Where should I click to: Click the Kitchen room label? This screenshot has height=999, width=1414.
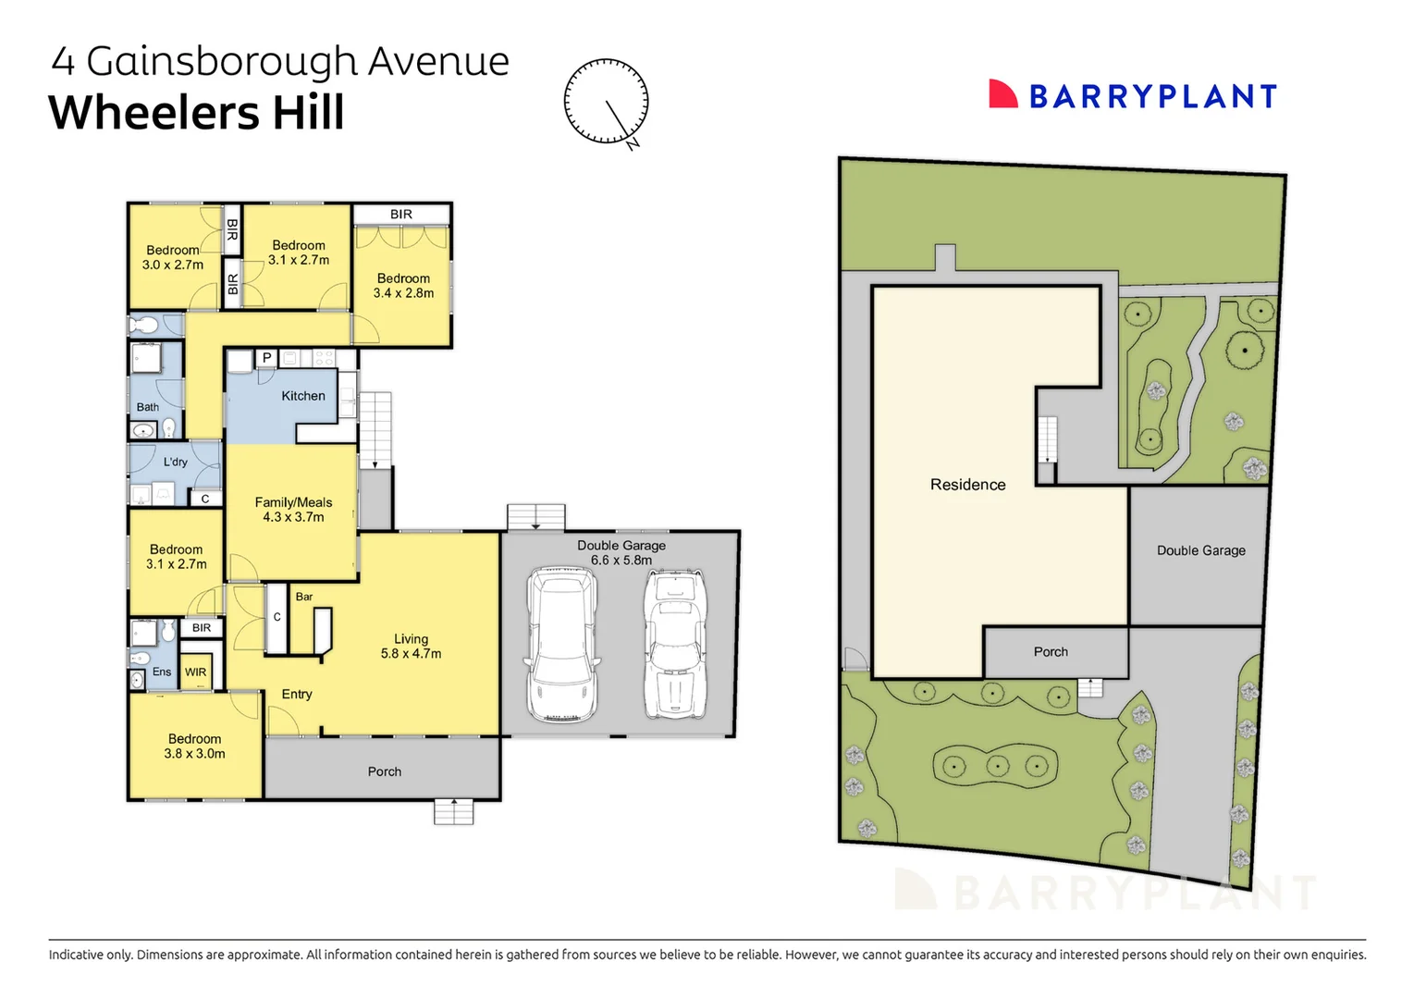coord(303,396)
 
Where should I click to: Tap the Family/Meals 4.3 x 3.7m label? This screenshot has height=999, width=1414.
coord(293,510)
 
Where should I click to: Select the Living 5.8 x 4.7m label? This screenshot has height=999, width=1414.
coord(411,646)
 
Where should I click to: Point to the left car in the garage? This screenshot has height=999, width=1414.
coord(561,645)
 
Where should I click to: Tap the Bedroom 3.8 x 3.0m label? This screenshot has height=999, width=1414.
coord(194,746)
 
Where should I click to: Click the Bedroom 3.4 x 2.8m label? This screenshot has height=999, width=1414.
coord(403,286)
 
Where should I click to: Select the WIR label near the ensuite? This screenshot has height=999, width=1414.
coord(195,672)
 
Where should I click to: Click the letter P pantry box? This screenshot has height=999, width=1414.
coord(266,358)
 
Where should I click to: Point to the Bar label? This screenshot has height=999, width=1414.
coord(304,597)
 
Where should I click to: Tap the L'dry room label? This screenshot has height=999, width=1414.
coord(176,462)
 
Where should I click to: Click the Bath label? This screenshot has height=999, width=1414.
coord(148,407)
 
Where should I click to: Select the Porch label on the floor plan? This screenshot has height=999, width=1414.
coord(384,771)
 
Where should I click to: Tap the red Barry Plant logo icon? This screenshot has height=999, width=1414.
coord(1002,94)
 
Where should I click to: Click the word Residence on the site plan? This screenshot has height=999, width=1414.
coord(967,485)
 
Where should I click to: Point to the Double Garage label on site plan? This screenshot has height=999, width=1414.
coord(1200,550)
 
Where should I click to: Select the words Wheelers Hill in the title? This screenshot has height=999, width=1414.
coord(196,113)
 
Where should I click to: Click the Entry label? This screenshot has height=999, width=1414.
coord(297,694)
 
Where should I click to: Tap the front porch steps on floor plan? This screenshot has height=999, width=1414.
coord(453,811)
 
